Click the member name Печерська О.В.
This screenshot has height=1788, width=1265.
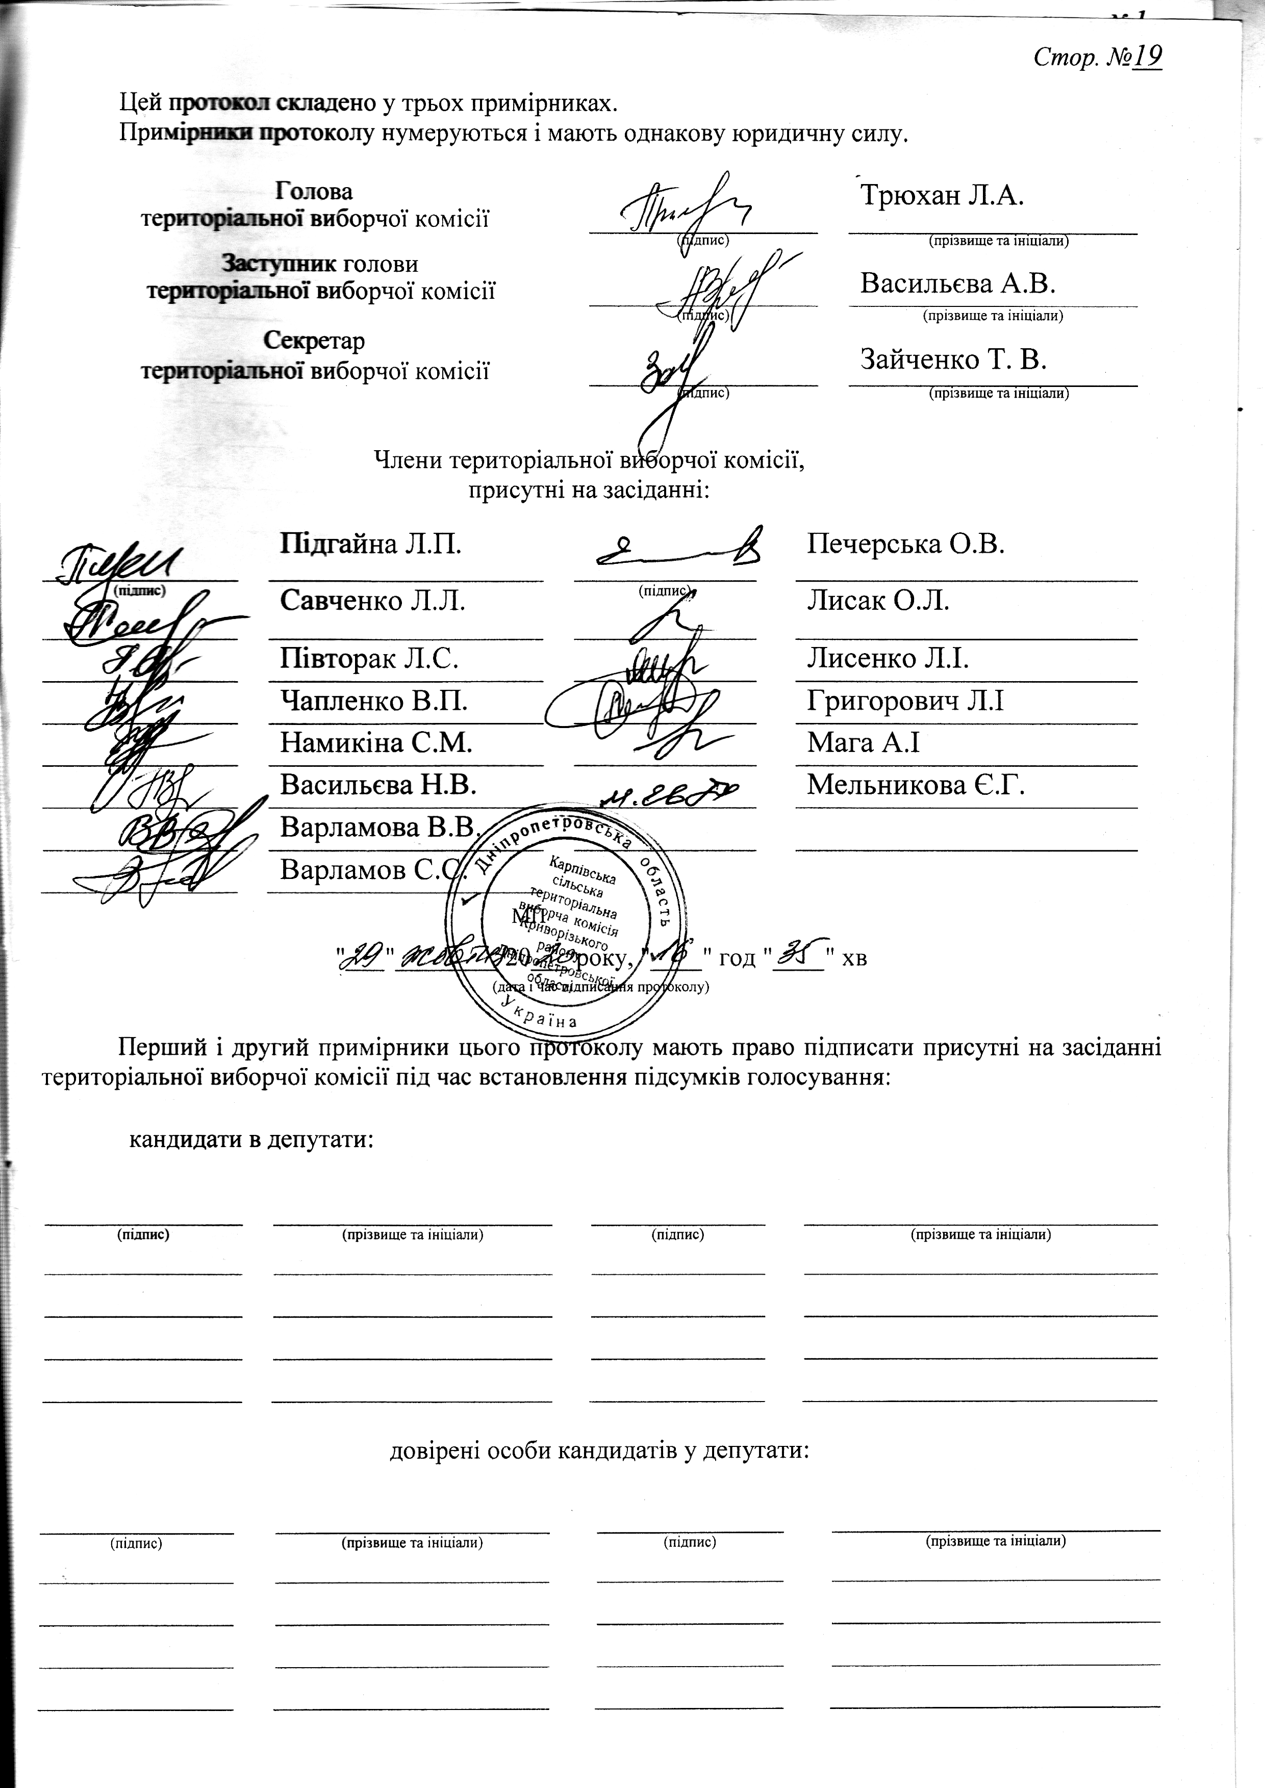coord(905,543)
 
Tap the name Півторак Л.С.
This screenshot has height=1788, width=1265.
coord(368,659)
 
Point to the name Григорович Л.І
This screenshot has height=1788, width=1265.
coord(905,702)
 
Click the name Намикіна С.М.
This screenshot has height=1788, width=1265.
coord(376,743)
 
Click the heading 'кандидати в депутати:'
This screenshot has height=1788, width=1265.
coord(251,1140)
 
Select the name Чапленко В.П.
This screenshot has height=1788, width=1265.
coord(374,702)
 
